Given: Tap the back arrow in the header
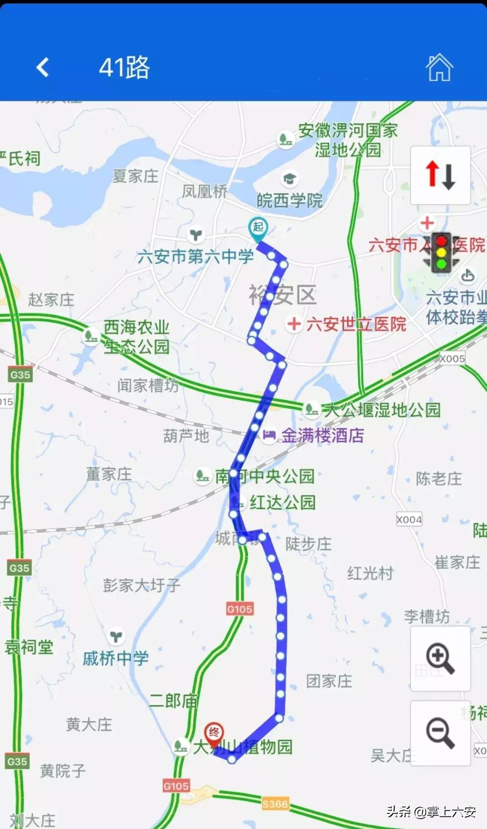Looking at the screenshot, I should tap(43, 68).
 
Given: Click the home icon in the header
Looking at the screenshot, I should tap(439, 68).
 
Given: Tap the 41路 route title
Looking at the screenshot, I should tap(124, 68).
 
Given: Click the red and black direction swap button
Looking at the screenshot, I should tap(440, 175).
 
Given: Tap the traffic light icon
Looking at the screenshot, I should tap(441, 253).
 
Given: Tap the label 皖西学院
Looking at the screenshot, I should tap(289, 200).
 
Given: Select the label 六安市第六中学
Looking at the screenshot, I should tap(196, 257).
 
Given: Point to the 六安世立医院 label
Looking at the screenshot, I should tap(356, 324).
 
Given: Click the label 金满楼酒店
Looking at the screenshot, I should tap(322, 435).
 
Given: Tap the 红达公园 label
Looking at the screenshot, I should tap(283, 502).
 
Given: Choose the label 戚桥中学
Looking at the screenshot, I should tap(115, 659).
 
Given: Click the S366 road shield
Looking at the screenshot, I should tap(275, 804).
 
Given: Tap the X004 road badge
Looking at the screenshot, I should tap(409, 520).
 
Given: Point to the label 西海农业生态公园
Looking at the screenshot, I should tap(136, 336).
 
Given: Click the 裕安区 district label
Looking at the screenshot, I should tap(283, 295).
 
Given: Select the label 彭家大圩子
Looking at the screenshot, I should tap(142, 585).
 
